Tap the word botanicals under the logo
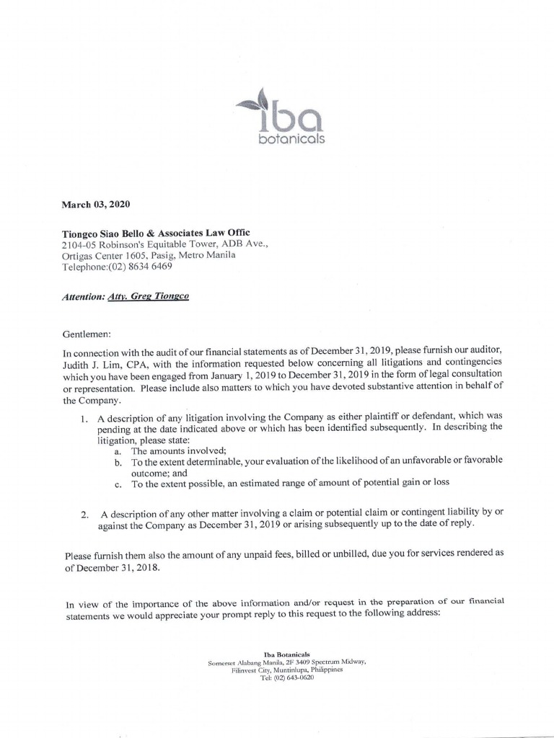(291, 138)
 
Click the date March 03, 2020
(96, 205)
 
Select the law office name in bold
(156, 233)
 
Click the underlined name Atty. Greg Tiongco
(148, 296)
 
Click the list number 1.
(84, 418)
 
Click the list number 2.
(84, 514)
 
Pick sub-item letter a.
(118, 450)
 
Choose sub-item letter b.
(118, 461)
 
